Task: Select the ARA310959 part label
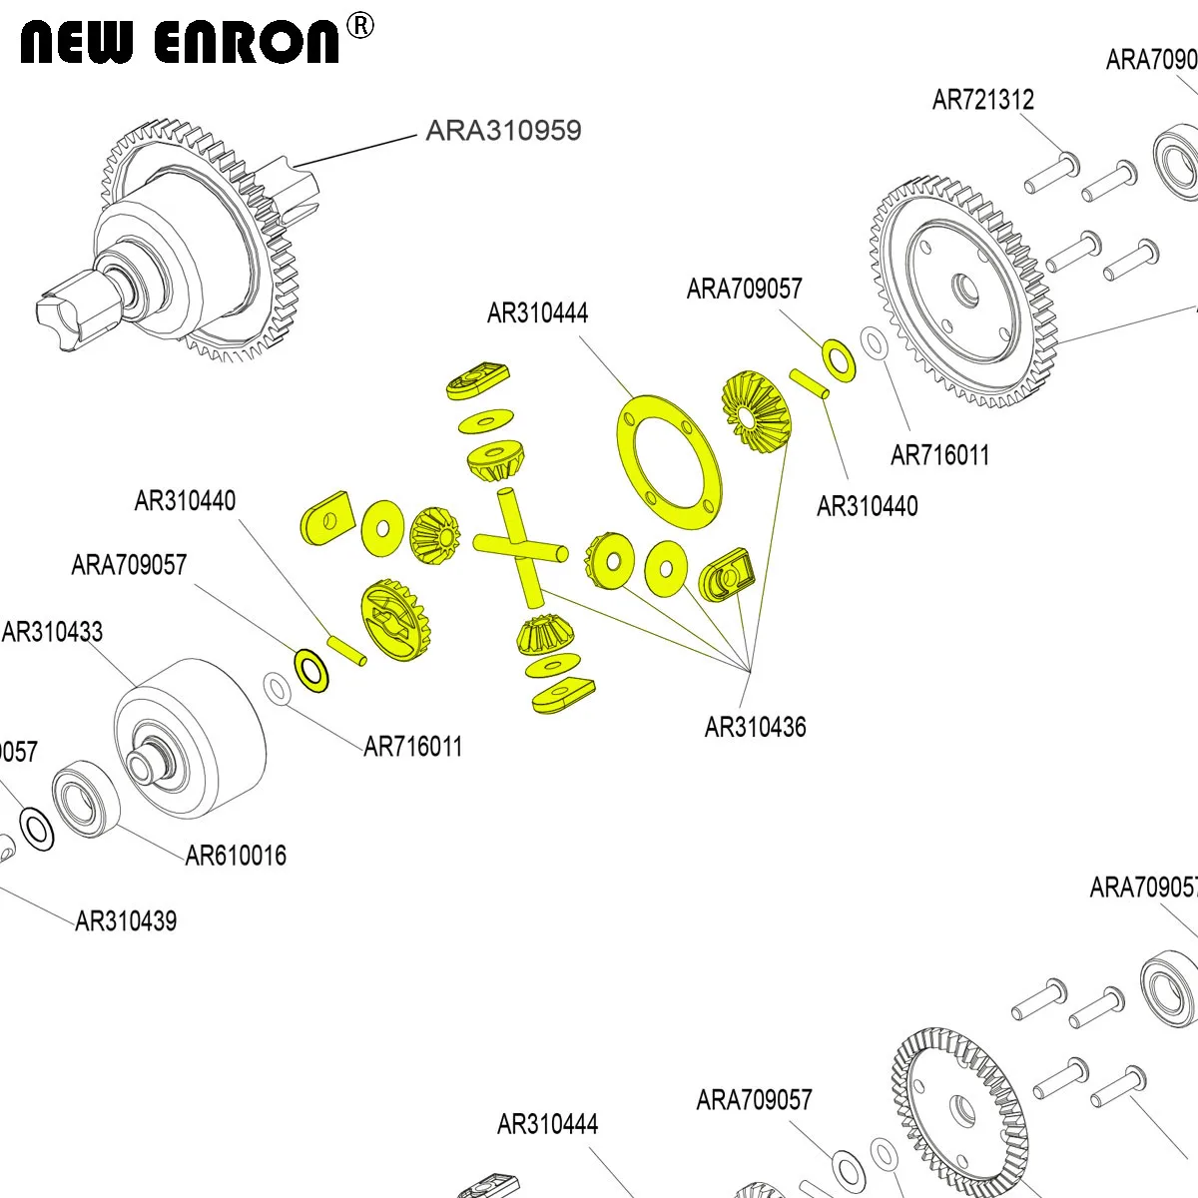click(x=503, y=131)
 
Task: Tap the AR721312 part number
click(x=982, y=100)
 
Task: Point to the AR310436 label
click(x=755, y=728)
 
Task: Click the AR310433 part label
click(x=53, y=632)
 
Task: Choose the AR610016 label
click(x=236, y=856)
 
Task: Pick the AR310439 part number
click(x=127, y=920)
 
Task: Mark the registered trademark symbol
click(x=359, y=26)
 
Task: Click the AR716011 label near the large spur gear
click(x=939, y=455)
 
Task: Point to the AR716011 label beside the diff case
click(x=412, y=747)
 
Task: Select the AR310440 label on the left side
click(x=185, y=500)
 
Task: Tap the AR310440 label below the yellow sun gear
click(x=867, y=506)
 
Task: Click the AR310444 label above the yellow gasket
click(x=537, y=313)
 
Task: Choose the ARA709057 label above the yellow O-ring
click(x=744, y=290)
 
